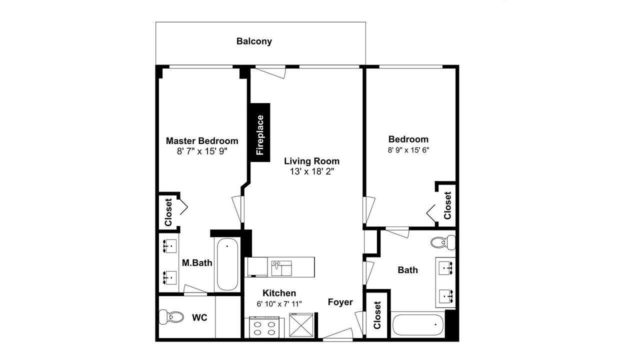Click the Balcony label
(x=254, y=41)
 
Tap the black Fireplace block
(x=260, y=132)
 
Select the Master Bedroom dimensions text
(x=202, y=151)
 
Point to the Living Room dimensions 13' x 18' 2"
(x=312, y=171)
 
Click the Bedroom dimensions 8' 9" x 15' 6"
(x=408, y=150)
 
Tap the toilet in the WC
(x=171, y=317)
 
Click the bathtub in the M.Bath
(x=227, y=264)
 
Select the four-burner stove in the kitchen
(x=264, y=327)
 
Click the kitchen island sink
(x=281, y=268)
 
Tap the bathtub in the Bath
(x=418, y=325)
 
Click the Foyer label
(x=340, y=302)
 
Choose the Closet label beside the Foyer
(x=377, y=315)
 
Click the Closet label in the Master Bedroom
(x=168, y=212)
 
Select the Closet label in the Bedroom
(x=447, y=205)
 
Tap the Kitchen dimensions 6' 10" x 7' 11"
(x=279, y=303)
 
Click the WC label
(x=199, y=317)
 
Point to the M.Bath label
(x=197, y=263)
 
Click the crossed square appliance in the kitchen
(x=301, y=325)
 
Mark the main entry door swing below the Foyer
(x=338, y=334)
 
